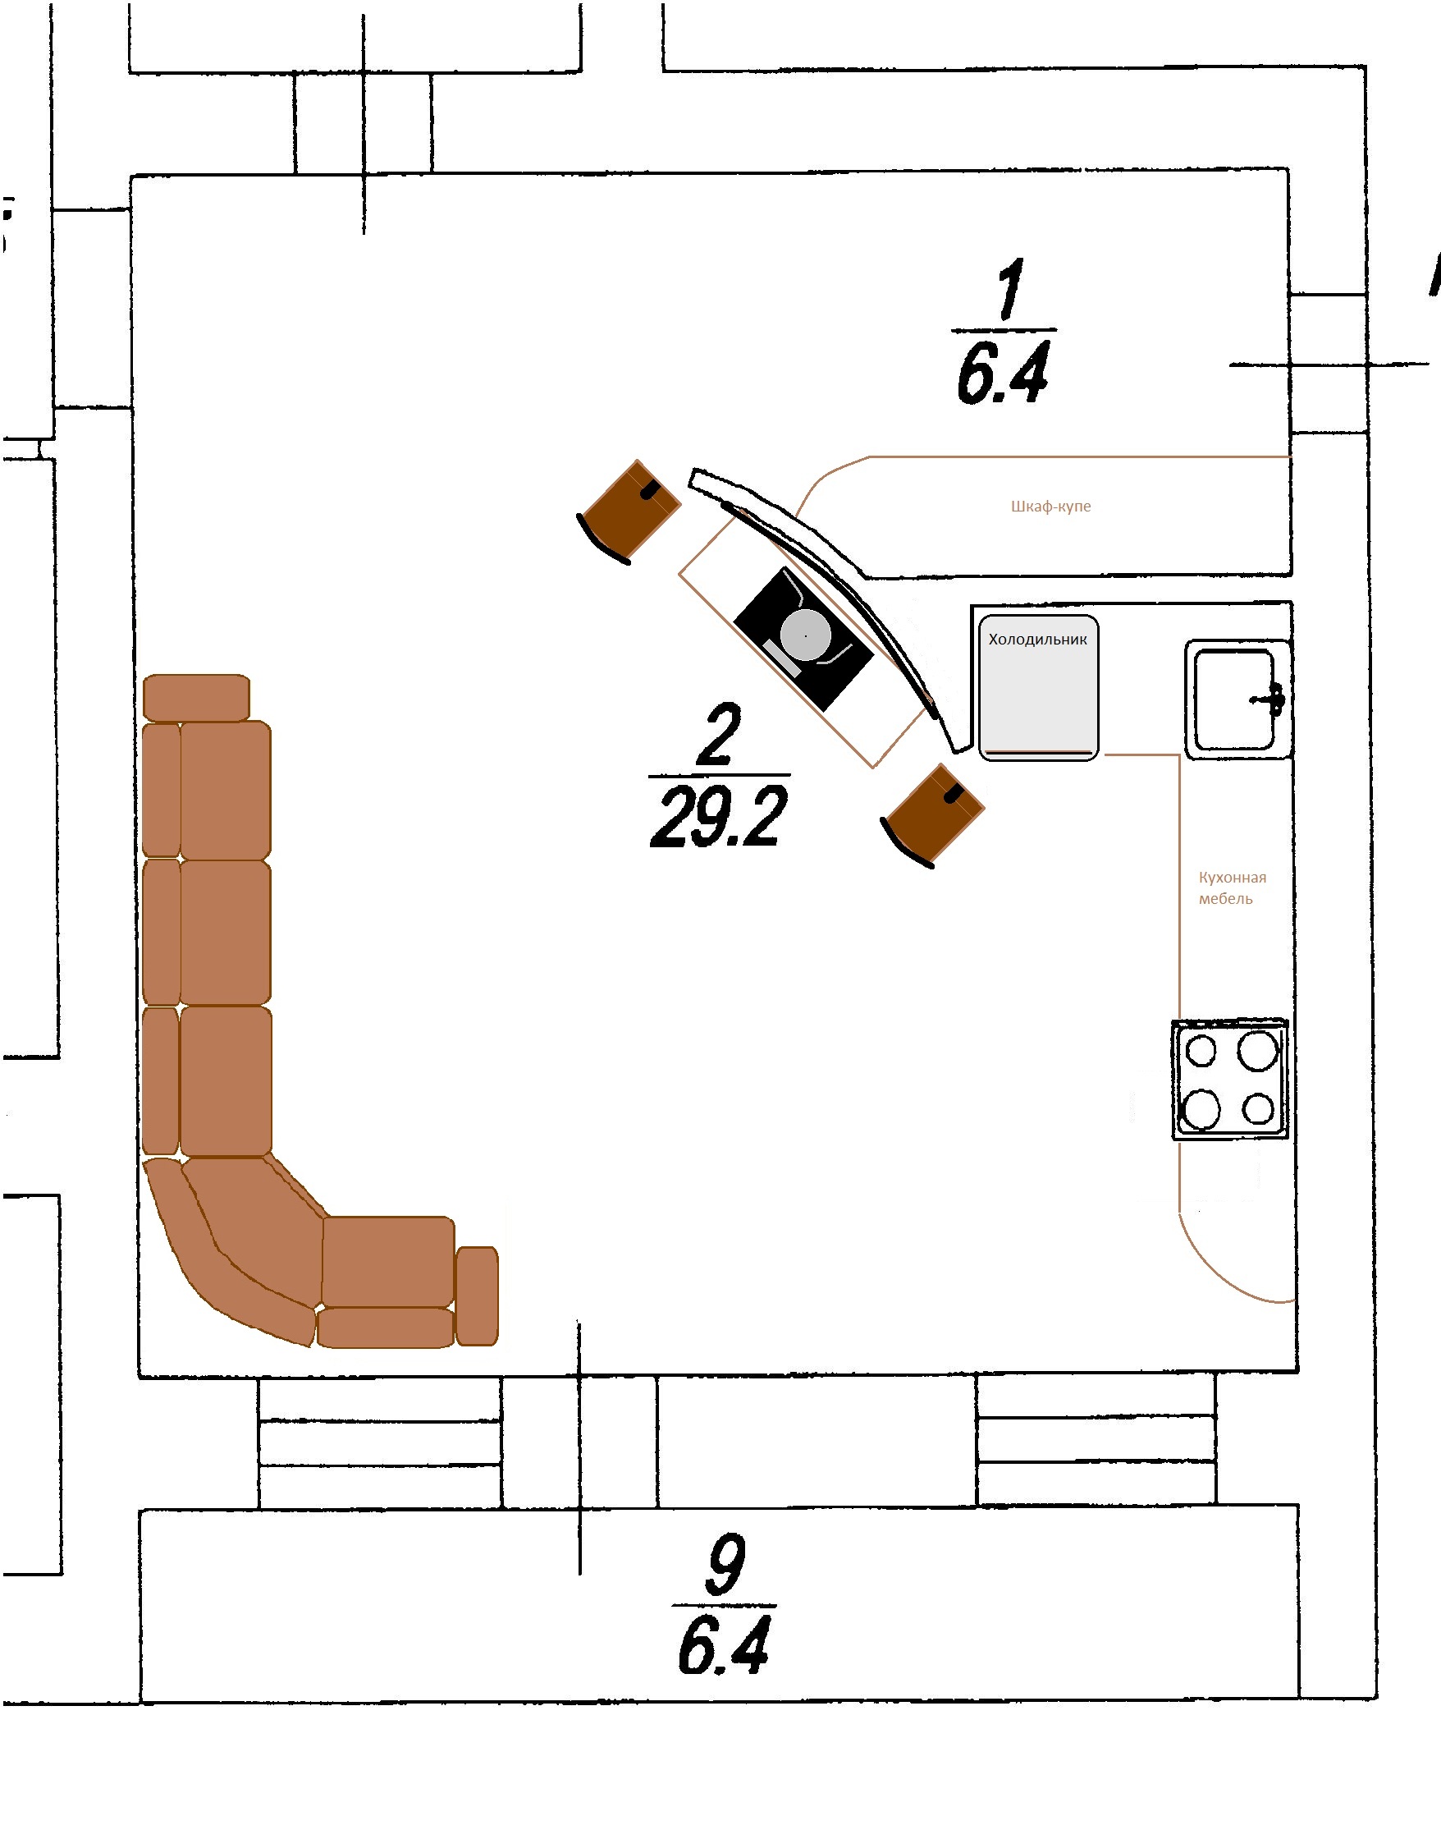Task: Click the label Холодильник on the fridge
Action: pos(1038,639)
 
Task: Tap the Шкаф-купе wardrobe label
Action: pos(1050,507)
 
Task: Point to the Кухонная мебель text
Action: pos(1232,887)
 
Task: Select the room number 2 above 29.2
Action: pos(719,735)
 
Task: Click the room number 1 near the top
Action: pos(1010,290)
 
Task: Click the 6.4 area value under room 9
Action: pos(724,1645)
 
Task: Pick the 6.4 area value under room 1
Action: pos(1002,371)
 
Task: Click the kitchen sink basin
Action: pos(1233,699)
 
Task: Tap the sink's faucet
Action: pos(1271,699)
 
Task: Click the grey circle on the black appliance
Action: pos(805,635)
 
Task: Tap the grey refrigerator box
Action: pos(1039,688)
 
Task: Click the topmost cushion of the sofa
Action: pos(197,697)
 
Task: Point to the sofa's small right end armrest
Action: pos(477,1296)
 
